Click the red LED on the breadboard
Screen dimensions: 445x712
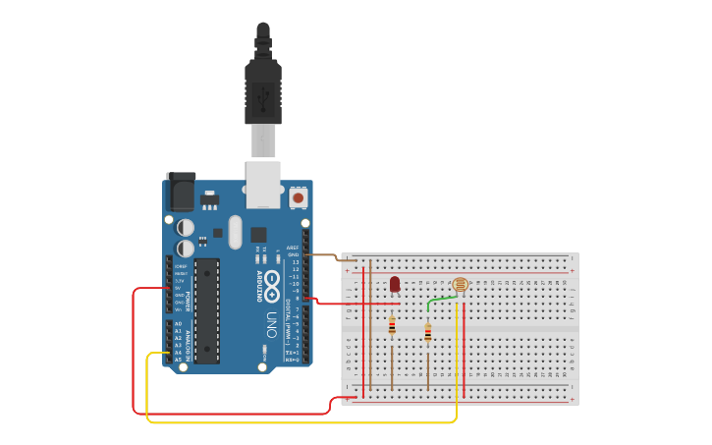[395, 284]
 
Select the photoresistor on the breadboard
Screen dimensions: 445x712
[460, 285]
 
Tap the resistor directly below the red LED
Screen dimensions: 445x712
[392, 326]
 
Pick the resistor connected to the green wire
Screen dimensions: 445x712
[428, 332]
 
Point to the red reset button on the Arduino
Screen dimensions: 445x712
[298, 197]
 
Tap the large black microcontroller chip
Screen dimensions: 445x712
[206, 309]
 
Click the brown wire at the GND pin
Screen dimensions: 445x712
[329, 256]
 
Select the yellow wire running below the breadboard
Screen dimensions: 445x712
[295, 422]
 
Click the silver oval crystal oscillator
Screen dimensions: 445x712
[235, 232]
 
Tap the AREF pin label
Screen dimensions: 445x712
[293, 248]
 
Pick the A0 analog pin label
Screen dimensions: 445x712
[179, 323]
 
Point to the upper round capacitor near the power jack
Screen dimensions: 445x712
[186, 228]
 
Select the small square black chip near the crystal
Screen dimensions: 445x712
[258, 235]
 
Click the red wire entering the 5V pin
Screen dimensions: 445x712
[147, 289]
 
